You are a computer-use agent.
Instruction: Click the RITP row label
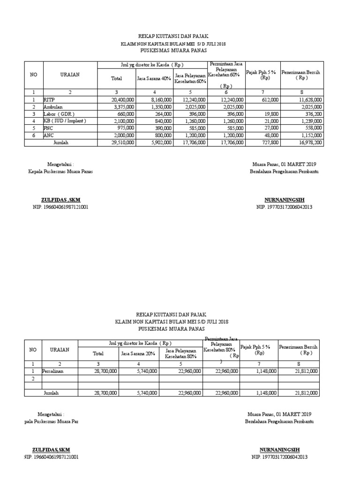pos(50,99)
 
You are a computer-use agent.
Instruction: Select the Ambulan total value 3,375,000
pos(123,106)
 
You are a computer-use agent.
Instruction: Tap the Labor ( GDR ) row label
pos(59,113)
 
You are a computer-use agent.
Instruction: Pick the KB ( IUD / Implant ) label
pos(65,120)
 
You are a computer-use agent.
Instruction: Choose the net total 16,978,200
pos(308,142)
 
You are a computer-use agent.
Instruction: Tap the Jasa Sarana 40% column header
pos(153,78)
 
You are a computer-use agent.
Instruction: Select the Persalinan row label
pos(53,371)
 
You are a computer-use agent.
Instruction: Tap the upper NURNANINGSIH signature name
pos(284,199)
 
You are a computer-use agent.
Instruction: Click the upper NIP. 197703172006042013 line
pos(284,207)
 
